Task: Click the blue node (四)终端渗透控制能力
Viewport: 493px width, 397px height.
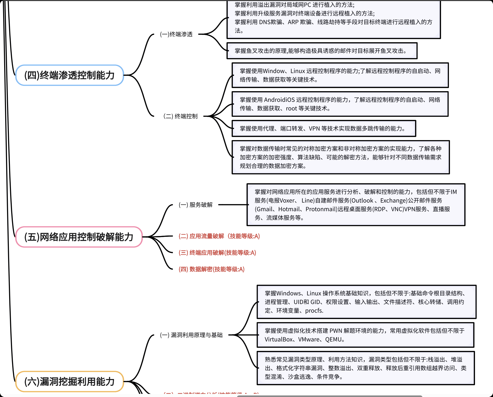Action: (69, 75)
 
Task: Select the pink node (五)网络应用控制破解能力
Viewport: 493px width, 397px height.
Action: (79, 237)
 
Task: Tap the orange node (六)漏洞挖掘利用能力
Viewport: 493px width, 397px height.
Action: (69, 382)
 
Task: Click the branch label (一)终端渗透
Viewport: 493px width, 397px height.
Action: (176, 34)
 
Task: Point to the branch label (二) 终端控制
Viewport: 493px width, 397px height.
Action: (181, 116)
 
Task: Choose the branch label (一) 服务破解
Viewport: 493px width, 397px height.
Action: (196, 205)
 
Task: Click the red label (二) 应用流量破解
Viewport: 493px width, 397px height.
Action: (219, 236)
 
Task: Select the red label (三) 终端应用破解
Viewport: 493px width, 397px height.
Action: (217, 253)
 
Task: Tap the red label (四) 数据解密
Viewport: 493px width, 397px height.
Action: (212, 269)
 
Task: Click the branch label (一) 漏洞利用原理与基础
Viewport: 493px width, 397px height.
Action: (191, 335)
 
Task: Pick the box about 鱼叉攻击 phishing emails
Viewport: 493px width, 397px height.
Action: (322, 51)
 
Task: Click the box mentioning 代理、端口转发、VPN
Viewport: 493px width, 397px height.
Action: (323, 128)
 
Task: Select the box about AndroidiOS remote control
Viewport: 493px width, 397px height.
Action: (340, 104)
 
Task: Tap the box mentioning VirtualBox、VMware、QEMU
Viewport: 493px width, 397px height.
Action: (365, 335)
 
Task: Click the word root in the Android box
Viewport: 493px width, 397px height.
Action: (291, 108)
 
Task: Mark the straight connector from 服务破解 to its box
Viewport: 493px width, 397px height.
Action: (233, 205)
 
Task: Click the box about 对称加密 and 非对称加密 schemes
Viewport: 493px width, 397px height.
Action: (340, 157)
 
